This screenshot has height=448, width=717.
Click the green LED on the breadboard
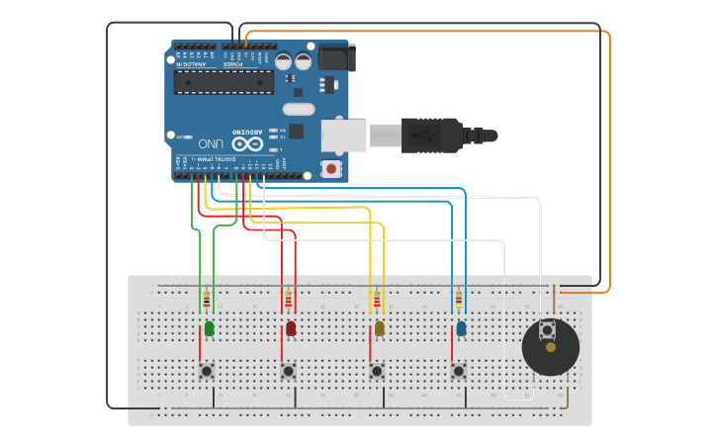pyautogui.click(x=209, y=328)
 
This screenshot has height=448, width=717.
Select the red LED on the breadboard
pyautogui.click(x=291, y=328)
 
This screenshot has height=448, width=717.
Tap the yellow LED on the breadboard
pyautogui.click(x=379, y=328)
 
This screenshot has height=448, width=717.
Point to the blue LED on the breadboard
pyautogui.click(x=461, y=328)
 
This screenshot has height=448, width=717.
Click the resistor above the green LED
pyautogui.click(x=206, y=299)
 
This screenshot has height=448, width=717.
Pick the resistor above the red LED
pyautogui.click(x=288, y=299)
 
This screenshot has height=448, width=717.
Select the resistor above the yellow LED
pyautogui.click(x=376, y=299)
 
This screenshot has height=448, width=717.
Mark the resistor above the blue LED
pyautogui.click(x=458, y=299)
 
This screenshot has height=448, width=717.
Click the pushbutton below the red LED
pyautogui.click(x=288, y=372)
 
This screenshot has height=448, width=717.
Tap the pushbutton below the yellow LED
pyautogui.click(x=377, y=372)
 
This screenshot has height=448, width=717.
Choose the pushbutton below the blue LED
pyautogui.click(x=459, y=372)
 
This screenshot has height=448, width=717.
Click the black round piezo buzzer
pyautogui.click(x=550, y=348)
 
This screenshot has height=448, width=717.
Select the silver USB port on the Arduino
pyautogui.click(x=343, y=135)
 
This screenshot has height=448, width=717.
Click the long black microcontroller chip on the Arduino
pyautogui.click(x=224, y=82)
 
